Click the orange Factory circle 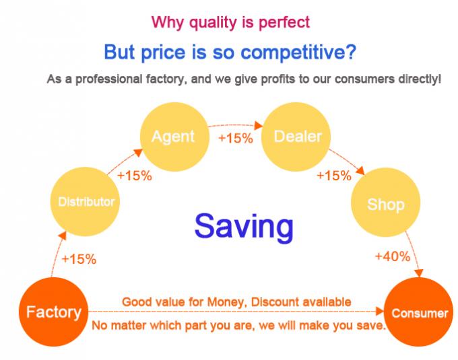click(x=53, y=312)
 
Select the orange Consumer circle click(x=418, y=312)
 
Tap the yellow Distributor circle click(x=85, y=202)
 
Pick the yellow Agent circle click(x=174, y=137)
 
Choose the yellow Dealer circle click(x=296, y=137)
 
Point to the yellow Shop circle click(x=385, y=202)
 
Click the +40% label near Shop click(x=393, y=256)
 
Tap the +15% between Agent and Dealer click(x=236, y=138)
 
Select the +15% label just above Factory click(x=79, y=259)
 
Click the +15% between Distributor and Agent click(x=134, y=176)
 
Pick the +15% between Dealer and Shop click(x=334, y=176)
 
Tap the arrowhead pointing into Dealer click(x=259, y=125)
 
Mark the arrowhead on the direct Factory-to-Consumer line click(x=380, y=311)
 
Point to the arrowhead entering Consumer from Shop click(x=419, y=273)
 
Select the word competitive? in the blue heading click(x=298, y=52)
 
